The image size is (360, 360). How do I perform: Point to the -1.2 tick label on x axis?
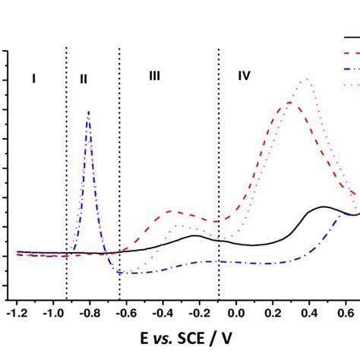tap(16, 312)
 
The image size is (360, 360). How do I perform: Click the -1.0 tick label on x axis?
tap(52, 312)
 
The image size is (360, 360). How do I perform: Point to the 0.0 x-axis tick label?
tap(236, 312)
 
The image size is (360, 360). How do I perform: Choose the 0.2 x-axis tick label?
tap(273, 312)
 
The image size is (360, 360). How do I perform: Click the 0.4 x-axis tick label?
tap(309, 312)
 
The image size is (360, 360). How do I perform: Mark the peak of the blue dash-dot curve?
tap(89, 112)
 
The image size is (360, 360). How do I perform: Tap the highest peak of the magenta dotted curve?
tap(306, 79)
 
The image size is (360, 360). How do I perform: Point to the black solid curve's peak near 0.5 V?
tap(324, 207)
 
